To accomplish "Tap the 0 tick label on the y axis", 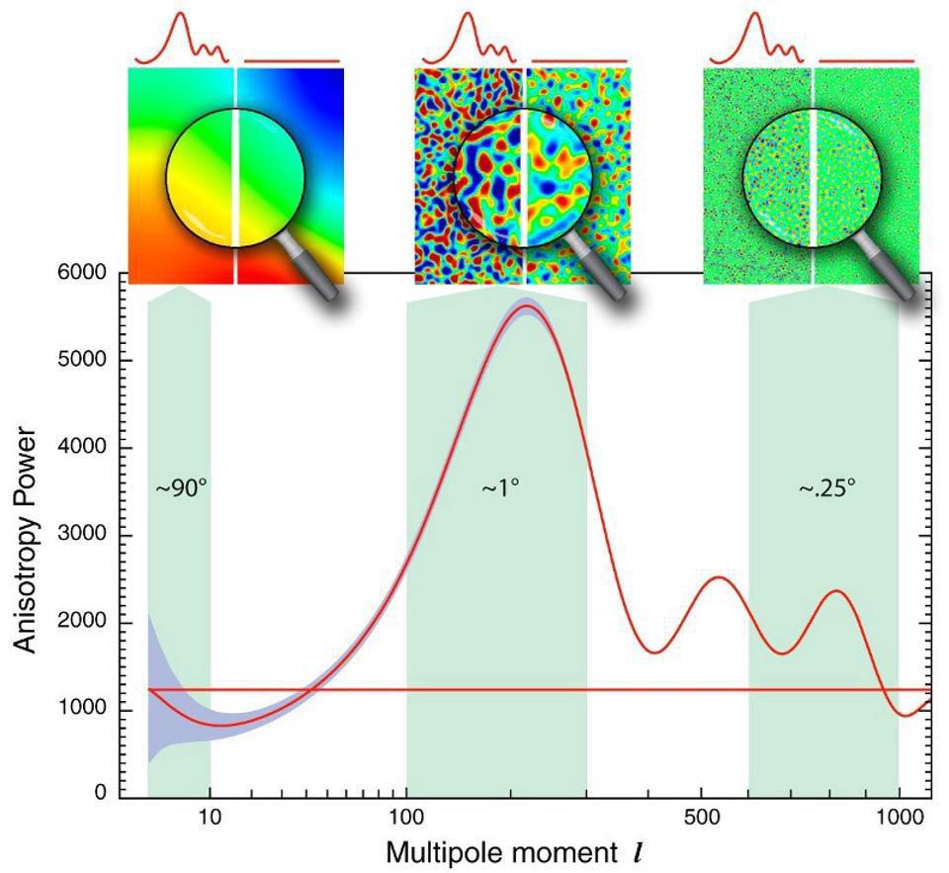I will coord(101,792).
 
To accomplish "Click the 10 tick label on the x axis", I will coord(209,819).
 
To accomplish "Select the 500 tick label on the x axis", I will coord(701,819).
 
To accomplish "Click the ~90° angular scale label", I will coord(180,488).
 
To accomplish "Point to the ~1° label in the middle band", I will coord(500,488).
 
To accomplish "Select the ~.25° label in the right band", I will coord(826,488).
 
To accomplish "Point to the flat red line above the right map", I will coord(867,60).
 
